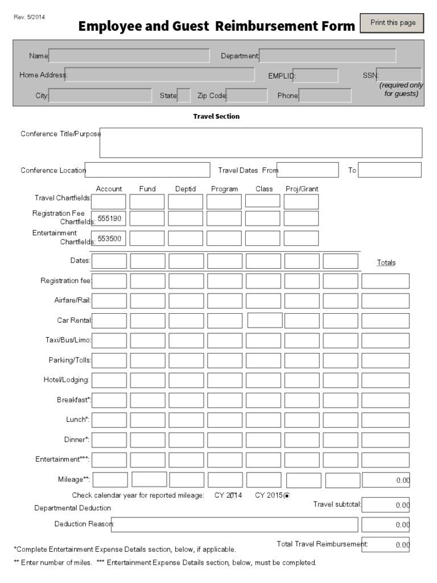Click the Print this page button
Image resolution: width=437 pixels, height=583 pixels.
[x=393, y=23]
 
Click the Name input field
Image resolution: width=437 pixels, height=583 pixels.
[x=129, y=55]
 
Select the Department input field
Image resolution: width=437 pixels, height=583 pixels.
[x=327, y=55]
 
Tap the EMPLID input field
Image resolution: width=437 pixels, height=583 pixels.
[x=315, y=75]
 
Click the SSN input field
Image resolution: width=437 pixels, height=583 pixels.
[x=399, y=75]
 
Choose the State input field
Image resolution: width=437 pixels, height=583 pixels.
[x=184, y=95]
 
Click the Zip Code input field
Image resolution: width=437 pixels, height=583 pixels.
[x=246, y=95]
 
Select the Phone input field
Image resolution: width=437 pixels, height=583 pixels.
[x=325, y=95]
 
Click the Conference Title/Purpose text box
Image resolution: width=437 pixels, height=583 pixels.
[x=261, y=142]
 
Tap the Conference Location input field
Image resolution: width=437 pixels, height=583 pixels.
[x=147, y=170]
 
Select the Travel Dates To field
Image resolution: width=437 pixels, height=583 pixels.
[x=389, y=170]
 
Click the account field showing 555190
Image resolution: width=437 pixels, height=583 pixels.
[x=109, y=219]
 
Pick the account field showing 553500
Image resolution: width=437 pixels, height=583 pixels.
[x=109, y=239]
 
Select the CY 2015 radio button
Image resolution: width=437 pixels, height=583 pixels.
[x=286, y=495]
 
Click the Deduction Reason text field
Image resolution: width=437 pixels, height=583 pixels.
[x=234, y=524]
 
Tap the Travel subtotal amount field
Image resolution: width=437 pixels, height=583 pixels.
[x=385, y=504]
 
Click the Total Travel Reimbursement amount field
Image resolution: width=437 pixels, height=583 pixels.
[x=385, y=544]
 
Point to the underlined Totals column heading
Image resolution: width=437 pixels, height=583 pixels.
[x=386, y=262]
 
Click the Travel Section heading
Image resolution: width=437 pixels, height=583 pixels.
[x=216, y=116]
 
